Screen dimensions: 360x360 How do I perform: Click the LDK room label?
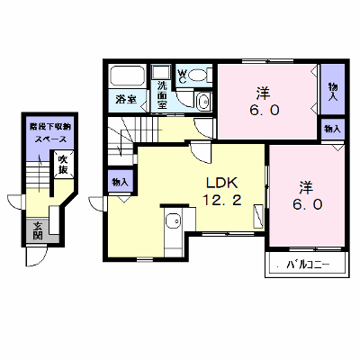coord(221,183)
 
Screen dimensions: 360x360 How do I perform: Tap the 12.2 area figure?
coord(222,200)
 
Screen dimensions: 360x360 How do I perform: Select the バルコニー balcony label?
coord(308,265)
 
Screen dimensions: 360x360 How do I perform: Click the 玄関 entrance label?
coord(38,230)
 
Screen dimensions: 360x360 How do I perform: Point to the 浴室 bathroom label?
coord(126,99)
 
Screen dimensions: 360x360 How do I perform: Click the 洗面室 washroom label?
coord(162,94)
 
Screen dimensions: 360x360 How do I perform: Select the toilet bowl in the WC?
coord(198,75)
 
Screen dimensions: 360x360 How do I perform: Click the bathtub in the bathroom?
coord(127,76)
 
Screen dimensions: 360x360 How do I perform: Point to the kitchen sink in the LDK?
coord(173,221)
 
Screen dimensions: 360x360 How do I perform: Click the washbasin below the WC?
coord(203,102)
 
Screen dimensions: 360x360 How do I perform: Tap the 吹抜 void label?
coord(63,165)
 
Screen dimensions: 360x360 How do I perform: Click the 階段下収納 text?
coord(49,127)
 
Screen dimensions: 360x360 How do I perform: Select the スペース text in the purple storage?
coord(50,139)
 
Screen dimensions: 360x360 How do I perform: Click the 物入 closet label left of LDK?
coord(120,182)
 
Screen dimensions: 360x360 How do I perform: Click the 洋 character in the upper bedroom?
coord(263,93)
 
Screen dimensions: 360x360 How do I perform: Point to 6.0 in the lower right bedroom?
coord(307,204)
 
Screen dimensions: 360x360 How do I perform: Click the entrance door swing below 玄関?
coord(36,256)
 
